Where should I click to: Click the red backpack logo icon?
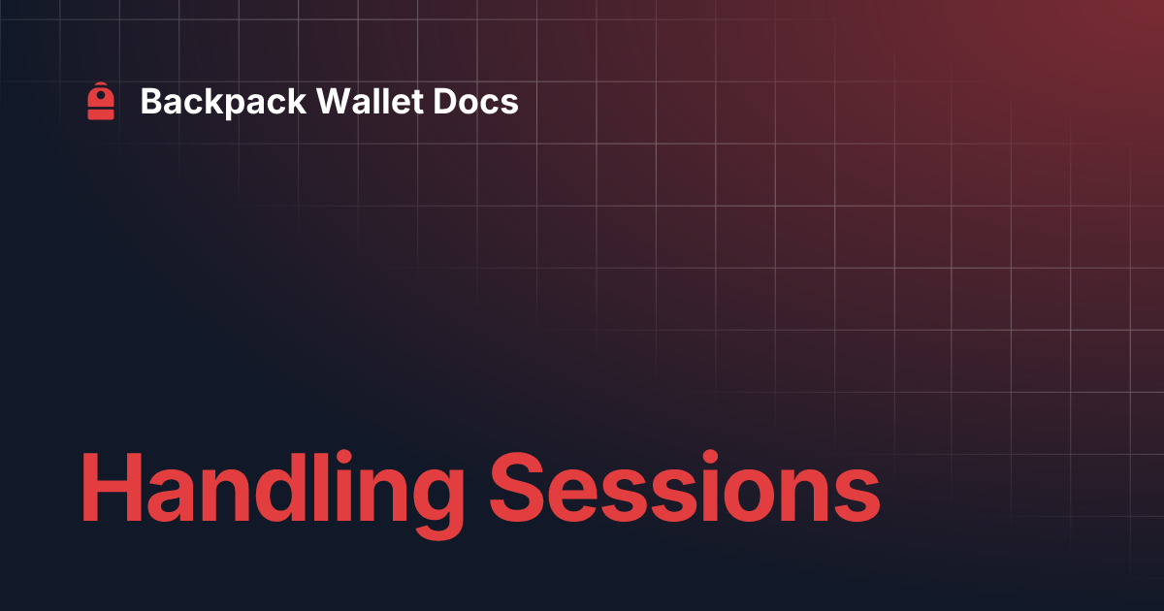[101, 101]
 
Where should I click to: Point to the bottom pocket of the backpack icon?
[101, 113]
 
